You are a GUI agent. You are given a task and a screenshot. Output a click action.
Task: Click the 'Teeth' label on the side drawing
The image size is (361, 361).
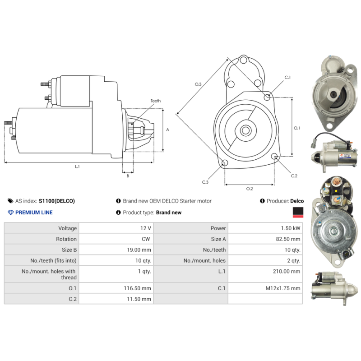click(155, 101)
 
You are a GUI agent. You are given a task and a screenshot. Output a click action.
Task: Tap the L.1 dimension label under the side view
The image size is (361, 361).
click(77, 167)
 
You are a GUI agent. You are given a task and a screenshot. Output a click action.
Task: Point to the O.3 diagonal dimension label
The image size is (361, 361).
click(198, 84)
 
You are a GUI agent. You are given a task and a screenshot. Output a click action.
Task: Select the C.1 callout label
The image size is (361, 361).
click(287, 77)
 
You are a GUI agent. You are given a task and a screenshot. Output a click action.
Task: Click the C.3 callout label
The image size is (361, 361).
click(205, 182)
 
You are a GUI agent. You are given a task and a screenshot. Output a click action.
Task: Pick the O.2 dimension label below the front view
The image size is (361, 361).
click(250, 189)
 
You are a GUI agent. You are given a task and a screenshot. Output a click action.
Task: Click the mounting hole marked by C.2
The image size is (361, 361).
click(274, 156)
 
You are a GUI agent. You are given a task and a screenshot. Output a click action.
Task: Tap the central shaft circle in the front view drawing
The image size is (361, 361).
click(245, 130)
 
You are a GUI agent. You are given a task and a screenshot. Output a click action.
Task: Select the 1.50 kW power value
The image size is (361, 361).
click(291, 228)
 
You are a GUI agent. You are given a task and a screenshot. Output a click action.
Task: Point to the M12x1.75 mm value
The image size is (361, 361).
click(283, 288)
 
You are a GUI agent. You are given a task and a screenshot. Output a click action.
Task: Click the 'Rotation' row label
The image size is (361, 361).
click(66, 239)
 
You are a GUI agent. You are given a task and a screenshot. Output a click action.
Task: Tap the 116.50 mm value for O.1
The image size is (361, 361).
click(138, 288)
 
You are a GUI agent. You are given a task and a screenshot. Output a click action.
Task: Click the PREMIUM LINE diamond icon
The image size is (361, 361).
click(10, 213)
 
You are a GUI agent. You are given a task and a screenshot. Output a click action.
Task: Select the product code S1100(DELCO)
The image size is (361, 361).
click(57, 201)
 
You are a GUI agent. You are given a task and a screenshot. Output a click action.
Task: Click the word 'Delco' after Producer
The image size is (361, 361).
click(297, 201)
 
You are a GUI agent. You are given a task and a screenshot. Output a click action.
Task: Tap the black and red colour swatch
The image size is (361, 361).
click(298, 212)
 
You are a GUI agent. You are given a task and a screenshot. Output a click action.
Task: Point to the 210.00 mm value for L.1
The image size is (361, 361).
click(287, 272)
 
